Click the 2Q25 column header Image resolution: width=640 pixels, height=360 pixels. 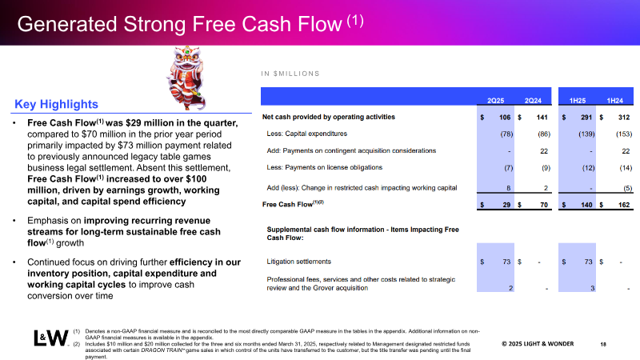pos(495,101)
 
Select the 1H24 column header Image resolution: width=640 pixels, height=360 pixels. pos(614,101)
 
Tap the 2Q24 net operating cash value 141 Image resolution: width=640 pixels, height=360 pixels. pos(542,118)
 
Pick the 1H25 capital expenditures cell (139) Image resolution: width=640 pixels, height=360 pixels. pos(586,134)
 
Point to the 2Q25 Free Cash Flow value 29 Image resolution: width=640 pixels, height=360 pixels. pos(506,205)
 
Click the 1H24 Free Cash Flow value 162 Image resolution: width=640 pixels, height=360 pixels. pos(624,205)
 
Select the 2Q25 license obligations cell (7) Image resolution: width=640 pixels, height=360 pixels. pos(508,168)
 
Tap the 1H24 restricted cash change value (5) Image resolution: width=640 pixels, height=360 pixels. pos(628,188)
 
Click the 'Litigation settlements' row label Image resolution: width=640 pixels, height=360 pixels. pos(298,262)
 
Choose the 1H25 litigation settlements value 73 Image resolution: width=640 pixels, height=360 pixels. pos(588,262)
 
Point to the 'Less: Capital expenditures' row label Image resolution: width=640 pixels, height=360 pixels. pos(307,134)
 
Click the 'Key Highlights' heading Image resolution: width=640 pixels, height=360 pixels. pos(56,105)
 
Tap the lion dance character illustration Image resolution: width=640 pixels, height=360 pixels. pos(186,78)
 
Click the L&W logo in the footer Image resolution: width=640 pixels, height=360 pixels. pos(51,338)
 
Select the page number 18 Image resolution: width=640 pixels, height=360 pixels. pos(603,345)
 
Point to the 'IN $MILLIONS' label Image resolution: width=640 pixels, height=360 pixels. pos(290,74)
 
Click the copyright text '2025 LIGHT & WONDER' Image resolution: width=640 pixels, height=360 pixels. pos(538,344)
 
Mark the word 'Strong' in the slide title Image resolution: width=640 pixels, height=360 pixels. pos(155,24)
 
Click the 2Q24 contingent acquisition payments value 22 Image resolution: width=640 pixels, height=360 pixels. pos(544,151)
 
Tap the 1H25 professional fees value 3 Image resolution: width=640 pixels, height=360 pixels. pos(593,289)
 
